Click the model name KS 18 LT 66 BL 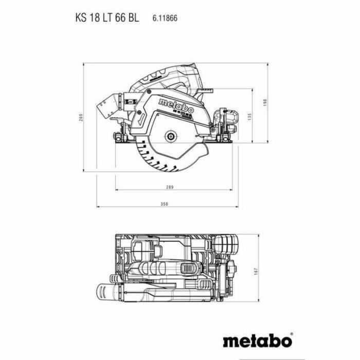(106, 17)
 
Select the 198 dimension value (278, 102)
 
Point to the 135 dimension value (262, 117)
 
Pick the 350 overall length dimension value (163, 204)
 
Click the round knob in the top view (227, 244)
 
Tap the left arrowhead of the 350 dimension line (98, 208)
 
